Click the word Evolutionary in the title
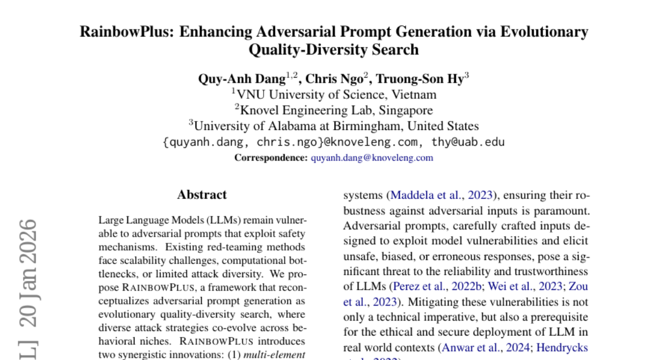click(544, 31)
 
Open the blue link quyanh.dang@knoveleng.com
click(372, 158)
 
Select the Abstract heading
click(202, 195)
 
